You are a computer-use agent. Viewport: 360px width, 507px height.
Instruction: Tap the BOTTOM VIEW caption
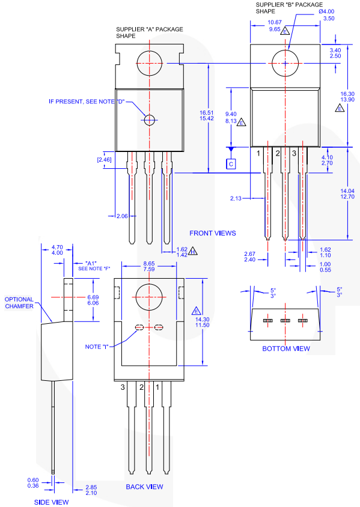[286, 348]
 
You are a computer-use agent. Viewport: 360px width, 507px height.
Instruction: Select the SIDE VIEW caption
[50, 502]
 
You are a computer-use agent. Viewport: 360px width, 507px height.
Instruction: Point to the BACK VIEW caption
[145, 487]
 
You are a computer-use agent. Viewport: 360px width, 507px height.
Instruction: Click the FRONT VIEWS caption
[213, 233]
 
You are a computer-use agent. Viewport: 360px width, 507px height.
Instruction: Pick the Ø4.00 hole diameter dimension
[327, 11]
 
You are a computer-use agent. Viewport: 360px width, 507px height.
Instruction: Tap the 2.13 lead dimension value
[236, 198]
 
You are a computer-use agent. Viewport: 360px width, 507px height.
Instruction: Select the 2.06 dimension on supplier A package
[122, 215]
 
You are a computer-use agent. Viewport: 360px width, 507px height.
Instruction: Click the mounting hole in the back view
[150, 299]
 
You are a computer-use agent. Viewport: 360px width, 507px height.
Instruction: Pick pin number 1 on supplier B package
[258, 154]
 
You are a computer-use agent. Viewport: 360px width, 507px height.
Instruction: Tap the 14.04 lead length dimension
[348, 190]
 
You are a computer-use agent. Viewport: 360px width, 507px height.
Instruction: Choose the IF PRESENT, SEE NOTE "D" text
[87, 101]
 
